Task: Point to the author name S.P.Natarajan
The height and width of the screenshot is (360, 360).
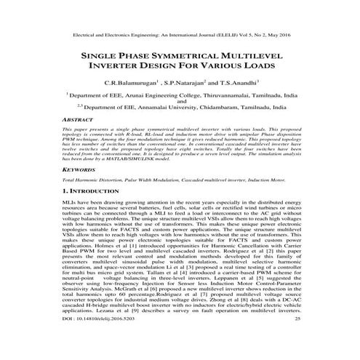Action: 183,84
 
